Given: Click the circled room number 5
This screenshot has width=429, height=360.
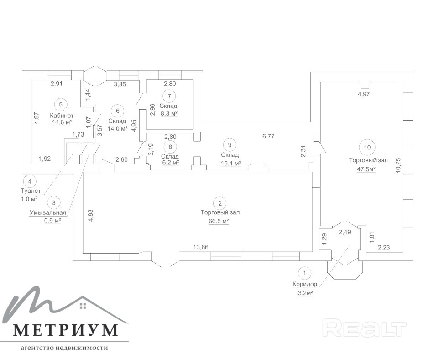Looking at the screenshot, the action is point(61,104).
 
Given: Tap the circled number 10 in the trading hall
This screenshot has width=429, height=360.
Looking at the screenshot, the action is point(368,147).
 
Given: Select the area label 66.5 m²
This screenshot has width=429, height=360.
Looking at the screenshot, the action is point(220,221).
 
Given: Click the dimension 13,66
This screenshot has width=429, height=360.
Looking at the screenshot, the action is point(201,247).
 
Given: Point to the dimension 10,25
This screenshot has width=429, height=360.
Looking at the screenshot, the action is point(398,165).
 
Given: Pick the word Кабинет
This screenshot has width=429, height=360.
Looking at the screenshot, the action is point(61,115).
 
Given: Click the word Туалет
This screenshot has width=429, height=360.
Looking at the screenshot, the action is point(30,191).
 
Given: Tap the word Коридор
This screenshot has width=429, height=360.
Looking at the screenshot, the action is point(304,284).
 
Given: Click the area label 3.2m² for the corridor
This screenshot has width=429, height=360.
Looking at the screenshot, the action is point(304,293).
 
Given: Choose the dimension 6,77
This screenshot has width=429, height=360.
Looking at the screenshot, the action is point(268,136).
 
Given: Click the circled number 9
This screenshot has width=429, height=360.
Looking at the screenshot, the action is point(230,145).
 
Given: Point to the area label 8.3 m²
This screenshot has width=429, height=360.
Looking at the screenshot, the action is point(168,114).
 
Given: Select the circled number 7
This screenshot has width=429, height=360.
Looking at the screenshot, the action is point(169,95).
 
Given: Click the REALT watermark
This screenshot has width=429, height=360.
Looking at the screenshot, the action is point(365,328).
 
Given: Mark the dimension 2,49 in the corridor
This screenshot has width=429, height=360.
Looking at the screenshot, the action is point(345,233).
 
